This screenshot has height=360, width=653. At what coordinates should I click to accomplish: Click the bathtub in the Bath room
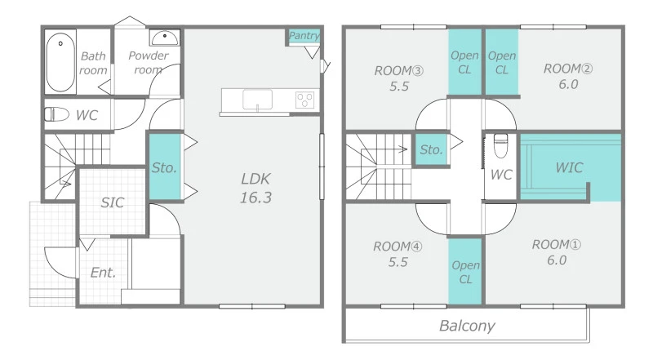point(60,62)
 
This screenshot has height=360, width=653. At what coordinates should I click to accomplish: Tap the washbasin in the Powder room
point(165,38)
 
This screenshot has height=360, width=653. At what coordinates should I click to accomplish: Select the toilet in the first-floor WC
point(56,114)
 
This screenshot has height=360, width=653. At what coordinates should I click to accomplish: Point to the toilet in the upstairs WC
point(500,145)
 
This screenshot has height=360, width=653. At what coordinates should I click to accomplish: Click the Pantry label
point(304,36)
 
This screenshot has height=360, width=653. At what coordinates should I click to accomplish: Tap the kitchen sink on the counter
point(257,100)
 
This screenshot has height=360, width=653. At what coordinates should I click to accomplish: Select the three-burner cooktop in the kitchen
point(304,100)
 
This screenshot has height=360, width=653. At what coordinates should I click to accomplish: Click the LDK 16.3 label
point(255,189)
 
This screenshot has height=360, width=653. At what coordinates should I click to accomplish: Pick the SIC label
point(113,202)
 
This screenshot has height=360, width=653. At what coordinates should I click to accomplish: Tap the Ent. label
point(103,273)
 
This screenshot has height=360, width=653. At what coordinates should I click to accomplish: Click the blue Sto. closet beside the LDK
point(165,167)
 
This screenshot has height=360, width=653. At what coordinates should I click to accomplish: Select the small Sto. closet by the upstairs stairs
point(431,149)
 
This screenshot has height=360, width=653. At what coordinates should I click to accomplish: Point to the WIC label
point(569,167)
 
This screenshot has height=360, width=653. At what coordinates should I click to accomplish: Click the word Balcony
point(467,326)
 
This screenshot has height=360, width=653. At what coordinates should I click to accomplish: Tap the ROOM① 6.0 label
point(557,252)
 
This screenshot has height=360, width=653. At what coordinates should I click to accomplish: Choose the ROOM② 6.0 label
point(568,76)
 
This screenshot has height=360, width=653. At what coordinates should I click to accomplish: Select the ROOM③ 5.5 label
point(399,78)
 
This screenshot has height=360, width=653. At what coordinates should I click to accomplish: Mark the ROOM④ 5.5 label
point(398,254)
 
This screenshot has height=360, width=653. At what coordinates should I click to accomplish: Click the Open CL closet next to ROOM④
point(465,272)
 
